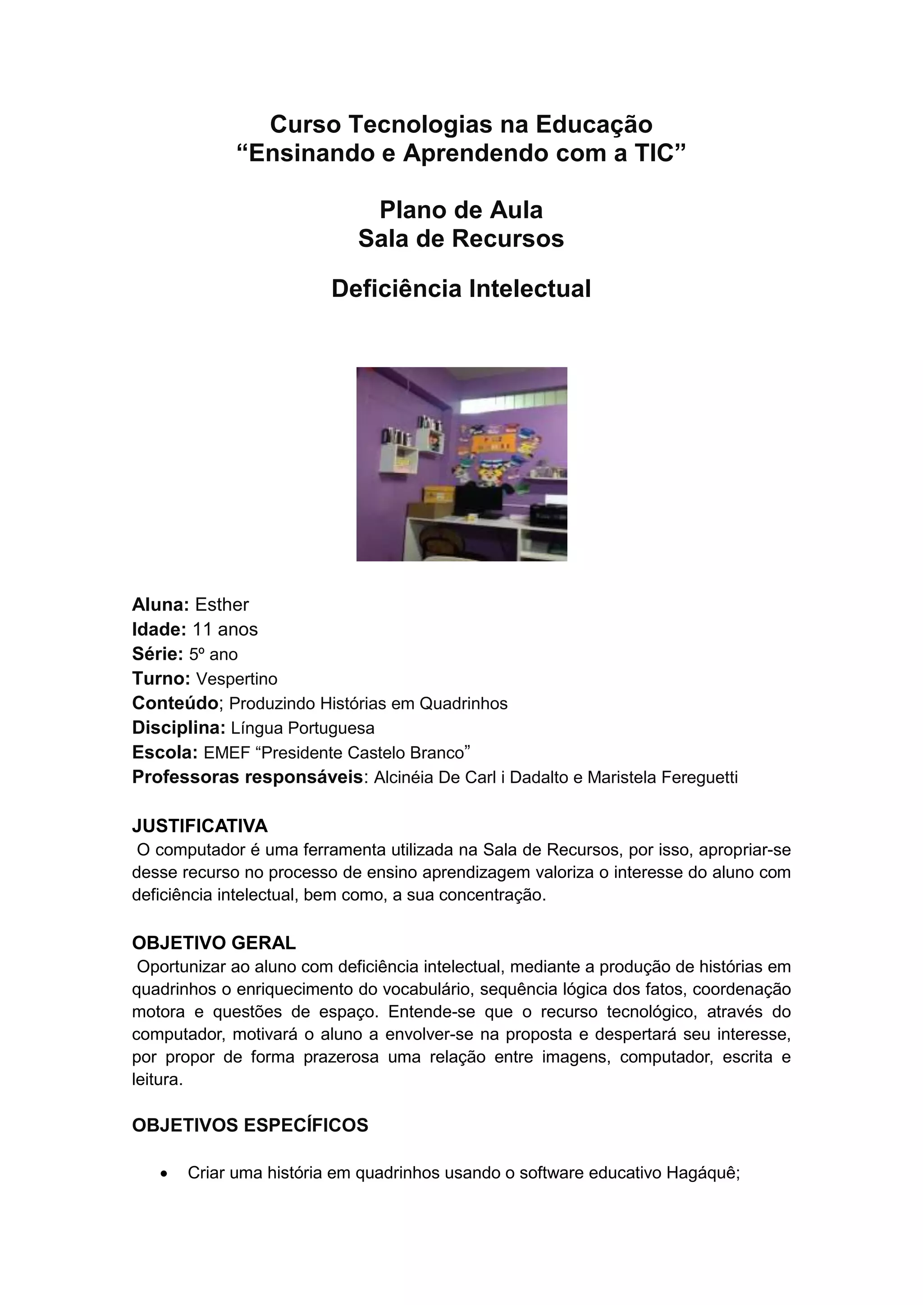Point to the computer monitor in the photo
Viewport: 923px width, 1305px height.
(478, 501)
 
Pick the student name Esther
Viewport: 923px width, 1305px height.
(222, 604)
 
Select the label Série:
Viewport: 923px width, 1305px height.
(157, 654)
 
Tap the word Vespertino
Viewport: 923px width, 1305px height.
(237, 679)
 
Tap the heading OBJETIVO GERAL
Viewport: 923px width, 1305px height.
(214, 943)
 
